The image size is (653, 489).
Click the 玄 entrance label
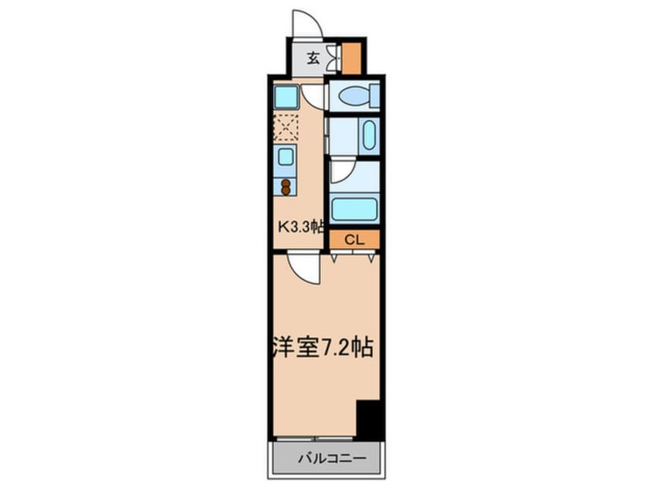[313, 59]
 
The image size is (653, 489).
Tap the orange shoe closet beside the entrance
[351, 59]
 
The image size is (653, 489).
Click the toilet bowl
[354, 96]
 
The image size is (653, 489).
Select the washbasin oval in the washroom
[369, 135]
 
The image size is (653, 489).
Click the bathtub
[354, 209]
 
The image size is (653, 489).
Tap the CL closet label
[354, 240]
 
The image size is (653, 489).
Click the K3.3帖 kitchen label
[301, 227]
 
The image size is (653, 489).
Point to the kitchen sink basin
[286, 157]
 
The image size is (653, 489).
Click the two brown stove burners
[286, 187]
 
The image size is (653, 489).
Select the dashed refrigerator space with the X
[286, 127]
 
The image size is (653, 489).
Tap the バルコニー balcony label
[333, 459]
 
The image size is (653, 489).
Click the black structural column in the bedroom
[369, 420]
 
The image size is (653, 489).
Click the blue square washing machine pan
[286, 97]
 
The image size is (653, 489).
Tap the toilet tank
[375, 96]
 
